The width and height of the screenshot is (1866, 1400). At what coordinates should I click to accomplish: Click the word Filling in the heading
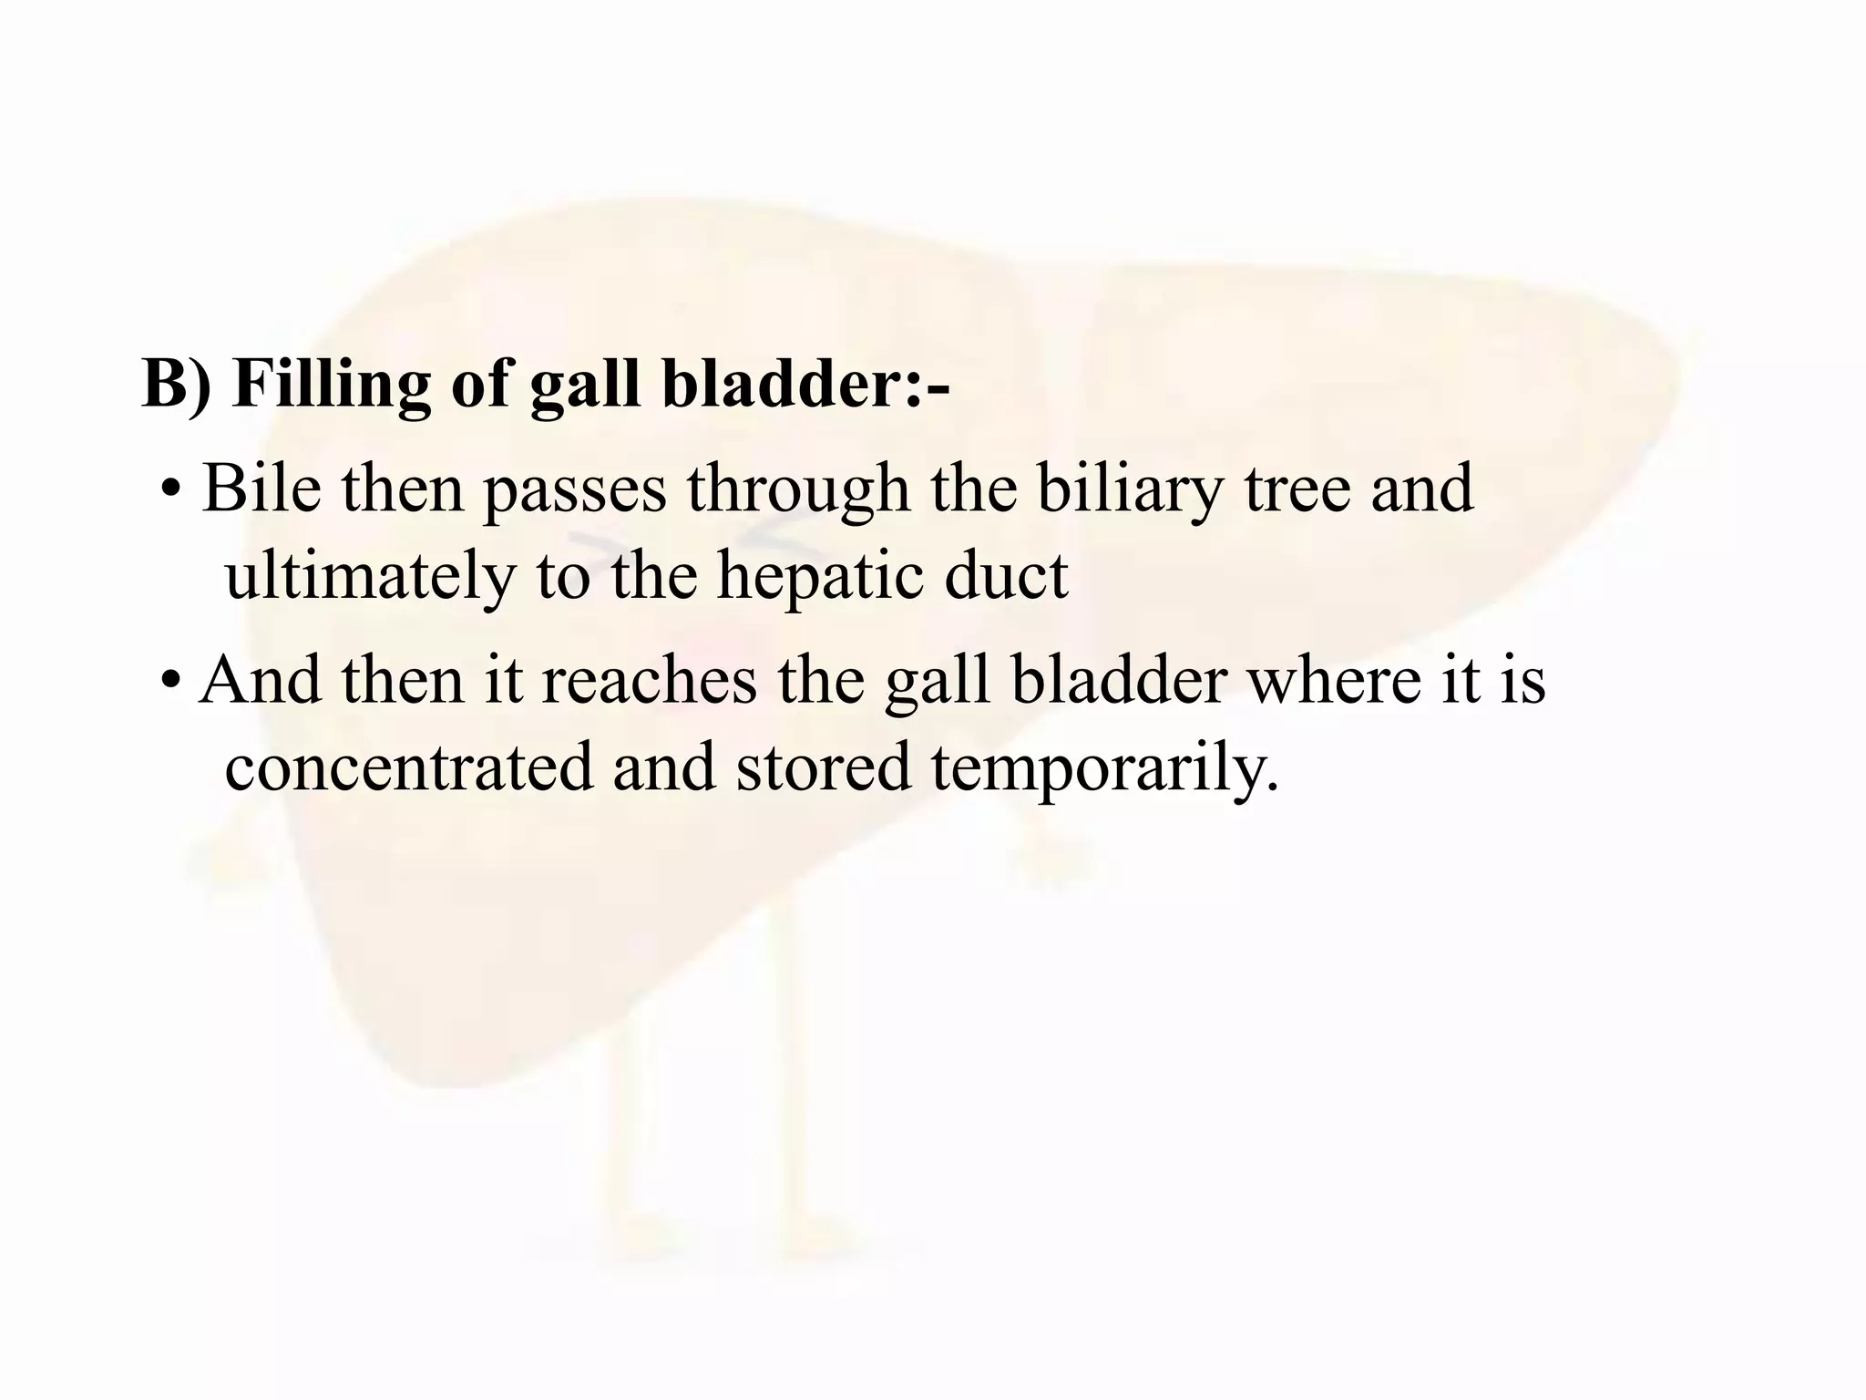pos(331,383)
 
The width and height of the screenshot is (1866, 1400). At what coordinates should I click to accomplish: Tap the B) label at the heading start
pos(177,383)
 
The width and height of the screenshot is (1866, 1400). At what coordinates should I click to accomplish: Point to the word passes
pos(574,489)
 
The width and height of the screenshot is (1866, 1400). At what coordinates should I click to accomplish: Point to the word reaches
pos(649,680)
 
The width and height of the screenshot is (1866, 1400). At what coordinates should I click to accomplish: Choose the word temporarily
pos(1104,767)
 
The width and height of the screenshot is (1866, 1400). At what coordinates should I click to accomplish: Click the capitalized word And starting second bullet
pos(260,680)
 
